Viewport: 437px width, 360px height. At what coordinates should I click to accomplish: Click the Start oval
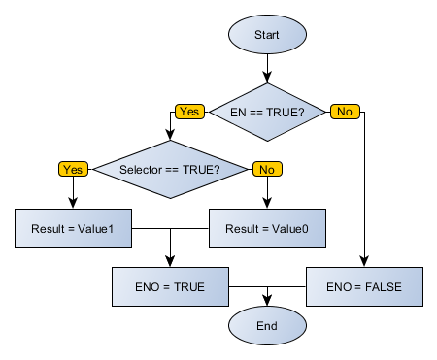click(x=267, y=34)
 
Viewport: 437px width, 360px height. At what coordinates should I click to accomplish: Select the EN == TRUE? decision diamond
click(x=267, y=112)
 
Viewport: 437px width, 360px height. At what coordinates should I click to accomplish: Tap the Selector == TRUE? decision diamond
click(x=170, y=170)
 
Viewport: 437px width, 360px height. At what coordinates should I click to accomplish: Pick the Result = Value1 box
click(x=73, y=229)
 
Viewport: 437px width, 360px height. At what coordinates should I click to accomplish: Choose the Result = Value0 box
click(x=267, y=229)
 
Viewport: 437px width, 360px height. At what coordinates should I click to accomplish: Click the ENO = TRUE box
click(x=170, y=287)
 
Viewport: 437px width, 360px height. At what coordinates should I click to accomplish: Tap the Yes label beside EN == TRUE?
click(x=189, y=112)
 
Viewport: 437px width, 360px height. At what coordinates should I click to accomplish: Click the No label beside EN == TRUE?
click(x=344, y=112)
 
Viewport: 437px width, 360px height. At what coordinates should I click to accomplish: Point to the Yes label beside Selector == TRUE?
click(x=73, y=169)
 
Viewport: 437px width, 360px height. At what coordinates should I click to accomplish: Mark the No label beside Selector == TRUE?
click(x=266, y=169)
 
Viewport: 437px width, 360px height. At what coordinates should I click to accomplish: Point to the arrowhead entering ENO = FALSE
click(x=364, y=262)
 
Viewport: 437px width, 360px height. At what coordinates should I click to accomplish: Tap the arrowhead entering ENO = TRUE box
click(x=170, y=262)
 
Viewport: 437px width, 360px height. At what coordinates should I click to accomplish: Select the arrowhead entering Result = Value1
click(x=73, y=204)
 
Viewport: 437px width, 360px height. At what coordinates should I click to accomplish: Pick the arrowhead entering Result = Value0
click(x=267, y=204)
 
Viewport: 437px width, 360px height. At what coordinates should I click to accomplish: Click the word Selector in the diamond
click(x=141, y=170)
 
